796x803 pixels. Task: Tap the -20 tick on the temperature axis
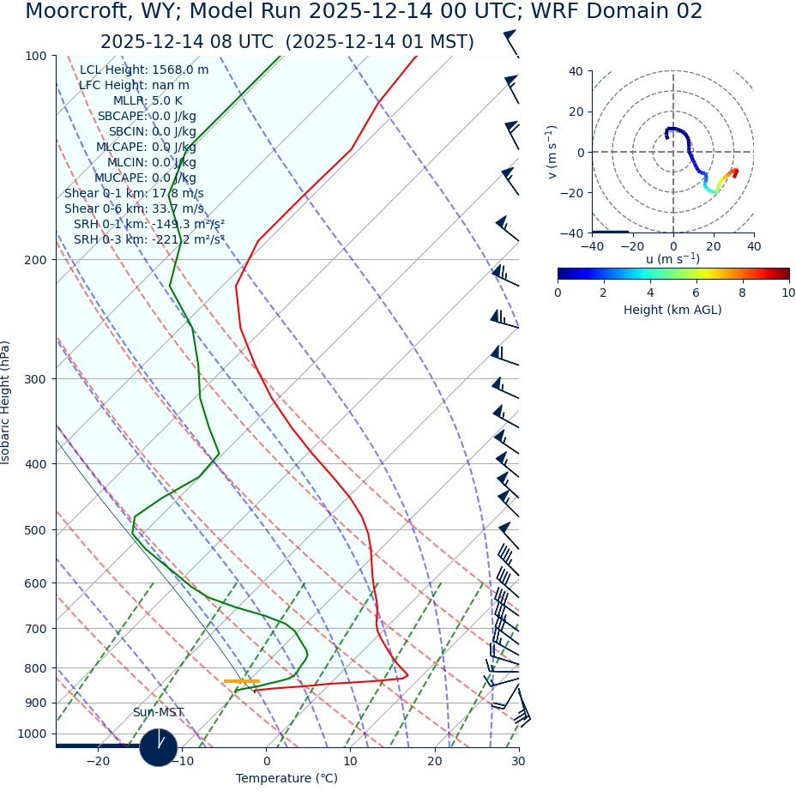[98, 761]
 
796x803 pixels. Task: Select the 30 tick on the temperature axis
[518, 761]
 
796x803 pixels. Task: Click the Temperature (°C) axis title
[286, 778]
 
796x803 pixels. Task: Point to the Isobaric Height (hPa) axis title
[6, 402]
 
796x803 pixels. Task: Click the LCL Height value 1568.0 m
[180, 69]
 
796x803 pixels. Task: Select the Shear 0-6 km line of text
[134, 208]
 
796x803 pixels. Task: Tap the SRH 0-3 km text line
[148, 239]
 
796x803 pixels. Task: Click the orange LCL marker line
[241, 681]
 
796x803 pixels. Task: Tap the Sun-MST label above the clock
[158, 712]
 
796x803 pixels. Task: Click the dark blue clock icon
[159, 747]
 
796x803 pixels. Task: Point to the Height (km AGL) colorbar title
[672, 310]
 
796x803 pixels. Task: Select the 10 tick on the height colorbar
[787, 293]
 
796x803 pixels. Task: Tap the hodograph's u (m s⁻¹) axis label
[672, 259]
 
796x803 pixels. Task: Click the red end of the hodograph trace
[735, 172]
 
